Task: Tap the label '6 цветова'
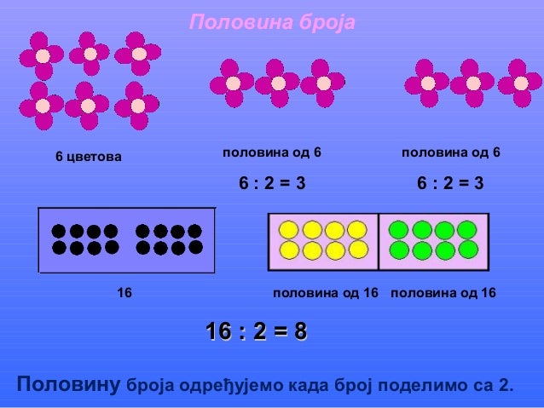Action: coord(89,158)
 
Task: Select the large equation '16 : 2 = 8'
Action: coord(257,331)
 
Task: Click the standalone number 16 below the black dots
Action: coord(124,293)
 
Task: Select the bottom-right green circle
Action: coord(467,249)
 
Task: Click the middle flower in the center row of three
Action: coord(277,83)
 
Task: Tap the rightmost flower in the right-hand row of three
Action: coord(520,83)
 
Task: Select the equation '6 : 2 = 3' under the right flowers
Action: coord(449,183)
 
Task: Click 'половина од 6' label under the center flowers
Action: coord(271,153)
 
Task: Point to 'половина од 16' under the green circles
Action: coord(443,293)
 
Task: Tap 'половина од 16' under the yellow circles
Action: coord(325,293)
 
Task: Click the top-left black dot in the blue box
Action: coord(59,231)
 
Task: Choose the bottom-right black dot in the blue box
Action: coord(194,247)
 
